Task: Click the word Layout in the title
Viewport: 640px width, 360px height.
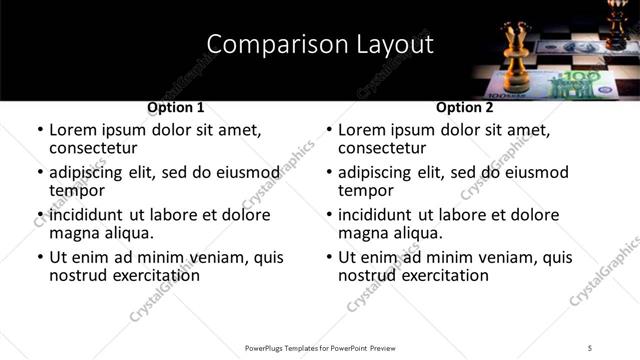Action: click(395, 44)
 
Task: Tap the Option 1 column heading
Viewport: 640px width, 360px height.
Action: click(175, 107)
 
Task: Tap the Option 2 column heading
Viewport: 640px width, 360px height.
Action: click(464, 107)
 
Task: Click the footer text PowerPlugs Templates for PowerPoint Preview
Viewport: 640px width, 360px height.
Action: click(320, 347)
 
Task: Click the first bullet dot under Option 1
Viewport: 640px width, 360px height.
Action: click(40, 131)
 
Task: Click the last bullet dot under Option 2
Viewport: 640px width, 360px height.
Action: click(329, 258)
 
